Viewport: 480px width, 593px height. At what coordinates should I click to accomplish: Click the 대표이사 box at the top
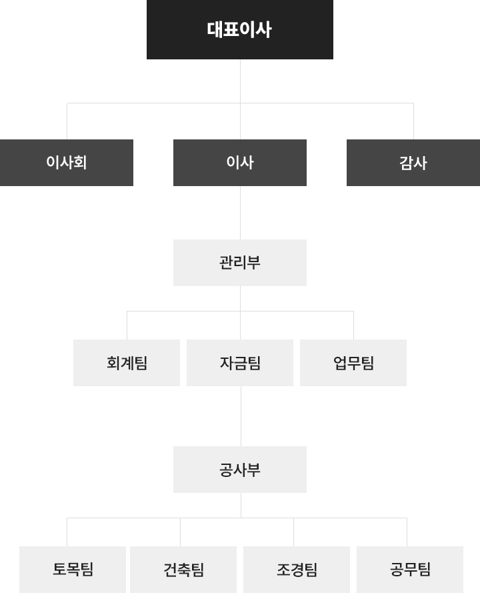[x=240, y=29]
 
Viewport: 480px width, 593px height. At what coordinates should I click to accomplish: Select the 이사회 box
[x=67, y=162]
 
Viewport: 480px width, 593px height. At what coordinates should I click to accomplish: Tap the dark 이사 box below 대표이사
[x=240, y=162]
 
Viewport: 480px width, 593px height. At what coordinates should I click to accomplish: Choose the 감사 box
[x=413, y=162]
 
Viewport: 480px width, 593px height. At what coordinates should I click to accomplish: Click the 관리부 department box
[x=240, y=262]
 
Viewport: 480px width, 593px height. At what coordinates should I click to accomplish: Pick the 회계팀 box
[x=127, y=362]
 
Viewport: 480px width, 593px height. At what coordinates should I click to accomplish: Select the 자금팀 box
[x=240, y=362]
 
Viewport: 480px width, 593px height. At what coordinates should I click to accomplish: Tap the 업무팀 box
[x=353, y=362]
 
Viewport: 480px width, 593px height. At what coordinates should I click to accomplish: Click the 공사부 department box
[x=240, y=469]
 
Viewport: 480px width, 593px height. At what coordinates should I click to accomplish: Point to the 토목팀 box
[x=73, y=569]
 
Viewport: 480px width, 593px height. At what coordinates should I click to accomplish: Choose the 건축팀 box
[x=183, y=569]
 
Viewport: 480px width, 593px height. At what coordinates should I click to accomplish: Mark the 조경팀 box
[x=297, y=569]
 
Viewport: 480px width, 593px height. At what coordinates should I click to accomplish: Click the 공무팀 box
[x=410, y=569]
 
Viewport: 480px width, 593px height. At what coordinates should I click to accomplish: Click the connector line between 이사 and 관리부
[x=240, y=212]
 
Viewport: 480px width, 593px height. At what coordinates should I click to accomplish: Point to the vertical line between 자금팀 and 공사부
[x=241, y=416]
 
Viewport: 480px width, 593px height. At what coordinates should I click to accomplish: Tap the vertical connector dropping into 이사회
[x=67, y=121]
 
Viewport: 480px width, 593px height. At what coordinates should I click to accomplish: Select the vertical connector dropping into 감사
[x=413, y=121]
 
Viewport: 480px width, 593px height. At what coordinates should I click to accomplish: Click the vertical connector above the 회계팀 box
[x=127, y=326]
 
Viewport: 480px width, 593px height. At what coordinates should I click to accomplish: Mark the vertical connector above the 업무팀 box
[x=353, y=326]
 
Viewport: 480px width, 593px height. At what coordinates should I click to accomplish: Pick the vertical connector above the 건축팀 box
[x=181, y=532]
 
